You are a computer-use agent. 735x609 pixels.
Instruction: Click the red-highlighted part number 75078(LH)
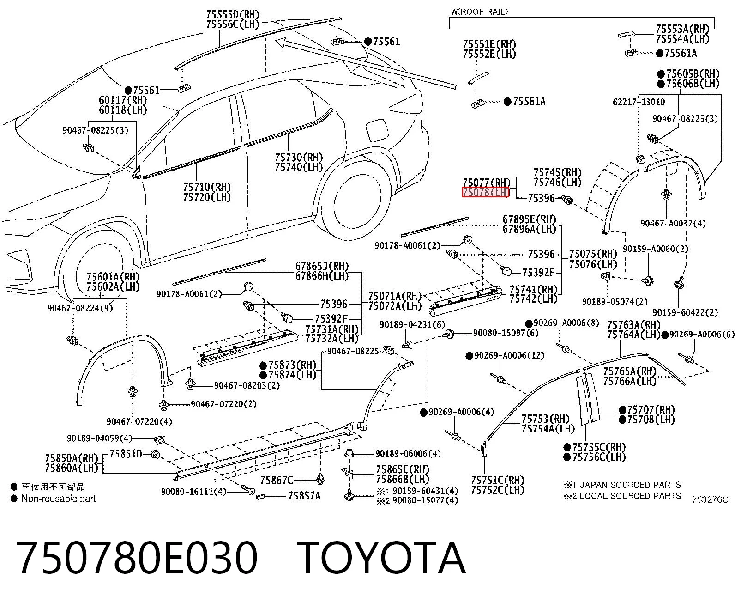(486, 192)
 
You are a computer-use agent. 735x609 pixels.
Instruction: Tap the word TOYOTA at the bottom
(381, 559)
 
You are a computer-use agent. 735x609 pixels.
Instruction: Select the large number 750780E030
(137, 559)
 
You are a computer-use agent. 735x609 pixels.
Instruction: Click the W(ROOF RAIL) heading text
(479, 12)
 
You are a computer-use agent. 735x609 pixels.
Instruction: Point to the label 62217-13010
(639, 102)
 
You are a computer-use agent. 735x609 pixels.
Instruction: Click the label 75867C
(277, 480)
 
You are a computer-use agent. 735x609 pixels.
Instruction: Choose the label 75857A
(304, 496)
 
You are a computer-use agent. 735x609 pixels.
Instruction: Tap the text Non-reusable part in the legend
(59, 499)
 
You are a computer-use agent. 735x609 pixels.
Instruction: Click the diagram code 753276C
(710, 500)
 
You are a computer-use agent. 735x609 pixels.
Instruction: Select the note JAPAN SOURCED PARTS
(630, 485)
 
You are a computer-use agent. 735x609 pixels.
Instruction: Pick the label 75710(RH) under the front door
(207, 187)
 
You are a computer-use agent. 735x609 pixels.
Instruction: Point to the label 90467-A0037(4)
(673, 224)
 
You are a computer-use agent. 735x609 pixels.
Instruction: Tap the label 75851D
(126, 454)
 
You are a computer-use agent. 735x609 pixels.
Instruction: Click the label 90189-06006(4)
(408, 453)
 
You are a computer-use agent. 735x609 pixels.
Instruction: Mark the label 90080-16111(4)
(193, 492)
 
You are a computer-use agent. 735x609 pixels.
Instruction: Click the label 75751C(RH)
(497, 480)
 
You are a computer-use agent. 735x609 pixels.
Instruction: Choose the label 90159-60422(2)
(685, 313)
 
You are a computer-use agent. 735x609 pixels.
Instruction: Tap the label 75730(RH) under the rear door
(299, 157)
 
